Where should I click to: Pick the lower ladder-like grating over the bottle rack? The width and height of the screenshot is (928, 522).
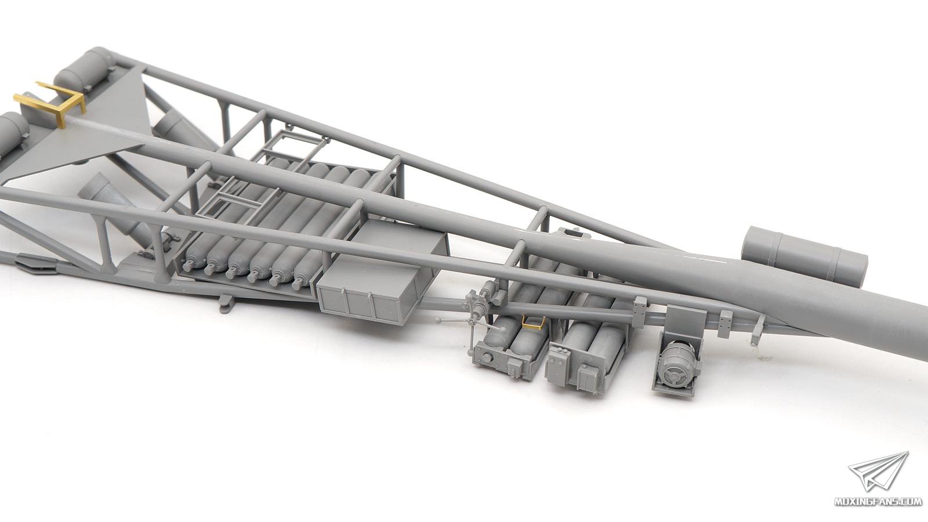tap(236, 200)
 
